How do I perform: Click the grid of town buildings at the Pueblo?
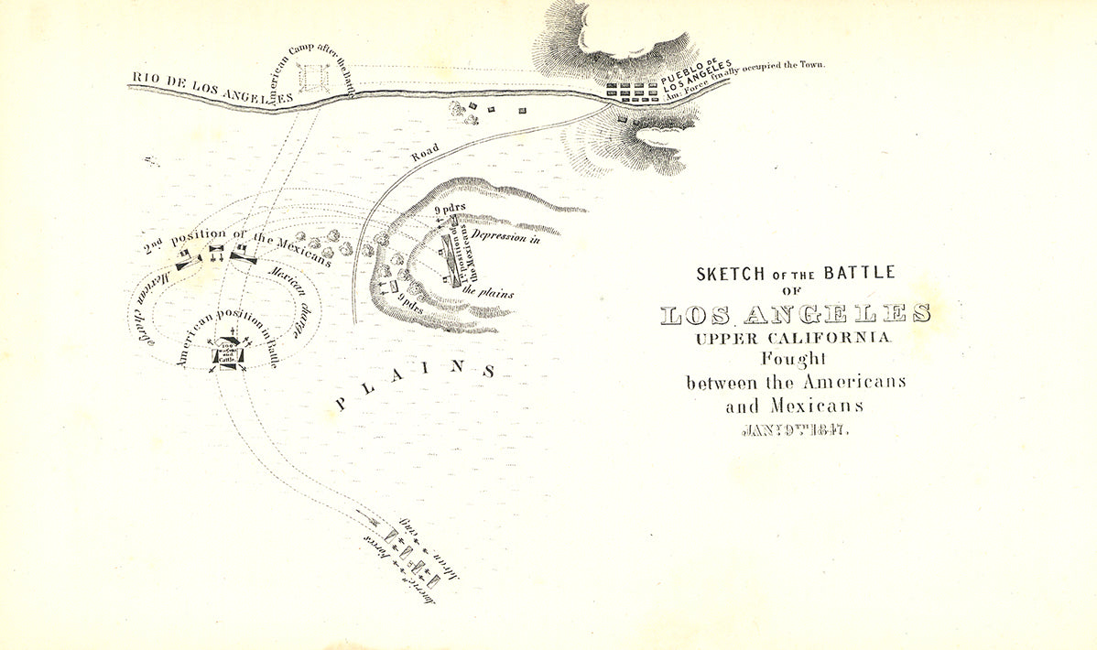632,92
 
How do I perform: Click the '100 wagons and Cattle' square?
228,353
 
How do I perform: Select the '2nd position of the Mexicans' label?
236,243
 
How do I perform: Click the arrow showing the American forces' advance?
374,523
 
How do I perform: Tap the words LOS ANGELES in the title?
795,314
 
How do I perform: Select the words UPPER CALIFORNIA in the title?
793,338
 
